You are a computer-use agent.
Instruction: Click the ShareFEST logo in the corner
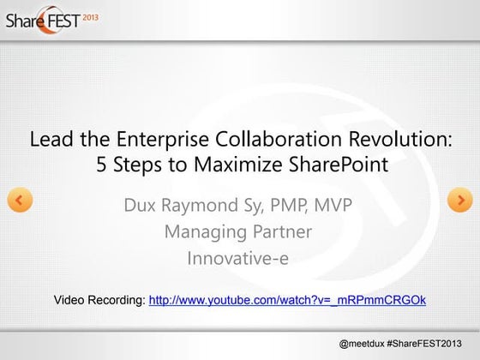43,20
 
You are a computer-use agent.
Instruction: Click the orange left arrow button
20,201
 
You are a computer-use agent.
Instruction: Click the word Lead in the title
49,139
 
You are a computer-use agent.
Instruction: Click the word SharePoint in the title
334,163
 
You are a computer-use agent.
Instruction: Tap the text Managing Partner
237,232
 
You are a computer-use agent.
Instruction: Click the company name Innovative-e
237,257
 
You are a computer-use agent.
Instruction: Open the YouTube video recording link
287,300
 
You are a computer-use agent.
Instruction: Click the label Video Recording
99,300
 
